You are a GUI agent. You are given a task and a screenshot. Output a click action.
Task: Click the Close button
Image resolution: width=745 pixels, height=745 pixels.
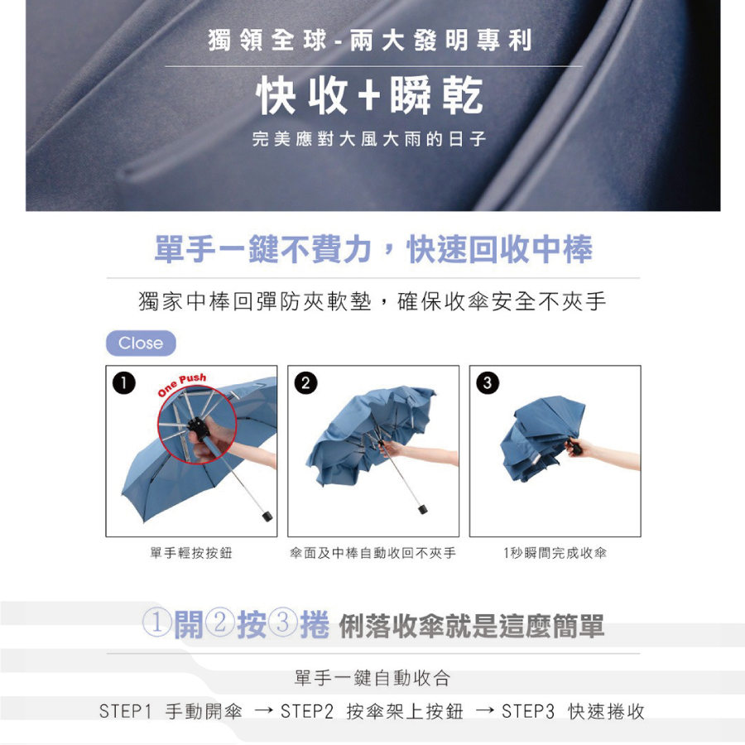pyautogui.click(x=141, y=343)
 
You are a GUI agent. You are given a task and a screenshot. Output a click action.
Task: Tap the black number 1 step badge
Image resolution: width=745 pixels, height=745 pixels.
pyautogui.click(x=124, y=383)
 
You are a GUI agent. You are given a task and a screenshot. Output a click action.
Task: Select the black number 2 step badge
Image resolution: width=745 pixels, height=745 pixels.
pyautogui.click(x=305, y=383)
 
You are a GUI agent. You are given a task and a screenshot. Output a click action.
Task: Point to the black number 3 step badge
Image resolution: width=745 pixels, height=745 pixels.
pyautogui.click(x=488, y=383)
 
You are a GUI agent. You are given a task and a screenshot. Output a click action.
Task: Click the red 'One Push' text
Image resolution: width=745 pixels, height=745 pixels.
pyautogui.click(x=182, y=384)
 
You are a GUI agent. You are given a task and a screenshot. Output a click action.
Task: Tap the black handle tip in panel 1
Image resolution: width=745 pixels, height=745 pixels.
pyautogui.click(x=267, y=516)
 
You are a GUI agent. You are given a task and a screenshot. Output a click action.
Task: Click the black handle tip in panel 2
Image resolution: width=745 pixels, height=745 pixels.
pyautogui.click(x=422, y=509)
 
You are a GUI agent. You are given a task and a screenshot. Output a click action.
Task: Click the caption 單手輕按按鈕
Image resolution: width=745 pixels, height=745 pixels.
pyautogui.click(x=191, y=553)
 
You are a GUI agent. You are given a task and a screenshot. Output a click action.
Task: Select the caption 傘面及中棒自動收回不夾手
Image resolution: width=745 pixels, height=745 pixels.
pyautogui.click(x=373, y=553)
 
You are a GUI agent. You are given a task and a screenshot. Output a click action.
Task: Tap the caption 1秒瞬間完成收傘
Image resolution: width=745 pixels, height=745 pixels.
pyautogui.click(x=555, y=553)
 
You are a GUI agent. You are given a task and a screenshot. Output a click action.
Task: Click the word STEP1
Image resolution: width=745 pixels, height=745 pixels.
pyautogui.click(x=125, y=712)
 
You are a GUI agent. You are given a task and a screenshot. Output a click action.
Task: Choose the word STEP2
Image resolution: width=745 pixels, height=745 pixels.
pyautogui.click(x=307, y=712)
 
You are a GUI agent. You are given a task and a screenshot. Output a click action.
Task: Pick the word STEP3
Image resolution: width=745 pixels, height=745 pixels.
pyautogui.click(x=528, y=712)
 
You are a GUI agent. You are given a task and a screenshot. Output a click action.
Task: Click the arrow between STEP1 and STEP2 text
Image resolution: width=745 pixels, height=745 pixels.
pyautogui.click(x=264, y=711)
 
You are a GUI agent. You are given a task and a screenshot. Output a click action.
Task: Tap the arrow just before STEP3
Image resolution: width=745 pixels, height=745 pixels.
pyautogui.click(x=485, y=711)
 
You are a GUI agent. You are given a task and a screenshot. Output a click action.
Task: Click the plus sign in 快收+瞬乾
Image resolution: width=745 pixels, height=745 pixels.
pyautogui.click(x=369, y=95)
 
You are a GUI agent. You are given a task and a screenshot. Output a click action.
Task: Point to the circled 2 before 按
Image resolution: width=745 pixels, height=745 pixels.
pyautogui.click(x=219, y=622)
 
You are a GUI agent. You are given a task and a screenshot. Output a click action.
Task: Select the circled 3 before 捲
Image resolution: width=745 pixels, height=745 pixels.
pyautogui.click(x=283, y=622)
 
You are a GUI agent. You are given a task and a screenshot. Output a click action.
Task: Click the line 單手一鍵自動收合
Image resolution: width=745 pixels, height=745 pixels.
pyautogui.click(x=372, y=678)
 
